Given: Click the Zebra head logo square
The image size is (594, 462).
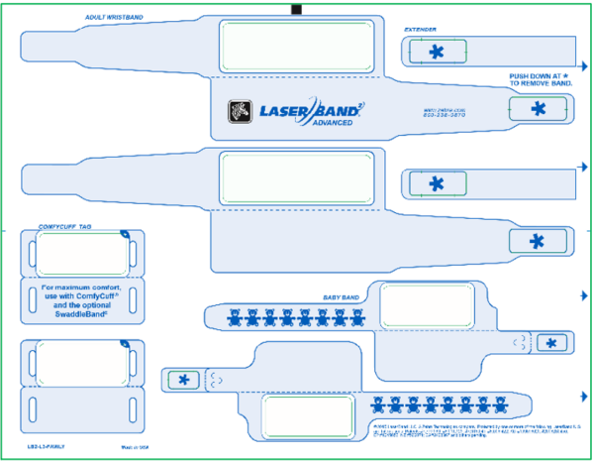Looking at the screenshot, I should coord(239,111).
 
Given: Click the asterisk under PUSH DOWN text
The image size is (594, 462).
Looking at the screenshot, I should coord(538,108).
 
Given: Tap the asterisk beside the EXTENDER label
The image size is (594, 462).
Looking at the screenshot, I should coord(437,52).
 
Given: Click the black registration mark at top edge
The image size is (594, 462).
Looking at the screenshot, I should coord(295,10).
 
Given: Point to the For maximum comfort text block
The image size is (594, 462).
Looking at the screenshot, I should coord(80,299).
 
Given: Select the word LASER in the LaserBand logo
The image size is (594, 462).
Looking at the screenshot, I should coord(282,110).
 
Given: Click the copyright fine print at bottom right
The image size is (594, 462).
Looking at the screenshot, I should coord(470,430).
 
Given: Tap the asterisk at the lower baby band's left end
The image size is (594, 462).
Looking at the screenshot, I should coord(183,379).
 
